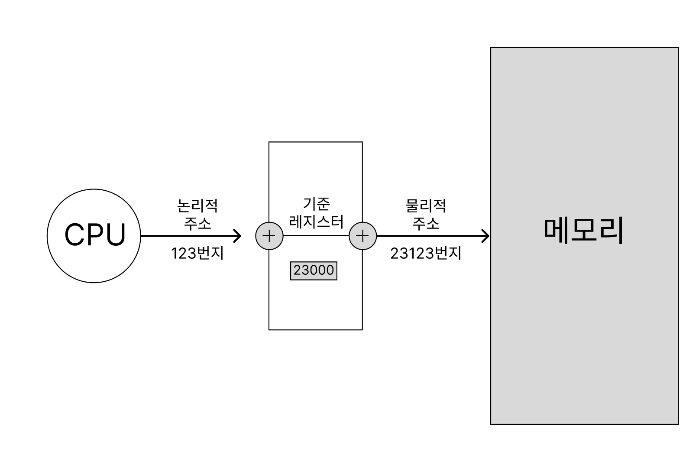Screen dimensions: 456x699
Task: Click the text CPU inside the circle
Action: [x=95, y=235]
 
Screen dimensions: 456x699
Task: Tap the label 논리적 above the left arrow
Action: [x=197, y=205]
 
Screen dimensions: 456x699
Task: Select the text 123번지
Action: [x=197, y=253]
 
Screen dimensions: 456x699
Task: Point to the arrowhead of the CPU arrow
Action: [x=237, y=236]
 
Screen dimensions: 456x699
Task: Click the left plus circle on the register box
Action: [x=269, y=236]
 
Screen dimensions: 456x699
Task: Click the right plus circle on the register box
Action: [x=362, y=236]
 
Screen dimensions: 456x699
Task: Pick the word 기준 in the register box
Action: [x=316, y=204]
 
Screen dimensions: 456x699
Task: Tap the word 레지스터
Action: [x=316, y=221]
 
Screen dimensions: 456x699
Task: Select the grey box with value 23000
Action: [x=314, y=270]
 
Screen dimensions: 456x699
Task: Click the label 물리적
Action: [x=425, y=205]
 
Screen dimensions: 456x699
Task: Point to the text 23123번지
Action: [x=426, y=253]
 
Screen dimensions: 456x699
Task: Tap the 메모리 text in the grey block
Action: [x=583, y=231]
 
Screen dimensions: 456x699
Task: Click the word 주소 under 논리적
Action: [x=197, y=223]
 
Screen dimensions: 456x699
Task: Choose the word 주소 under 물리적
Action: [x=425, y=223]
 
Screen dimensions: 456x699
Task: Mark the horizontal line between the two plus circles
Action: [x=316, y=236]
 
